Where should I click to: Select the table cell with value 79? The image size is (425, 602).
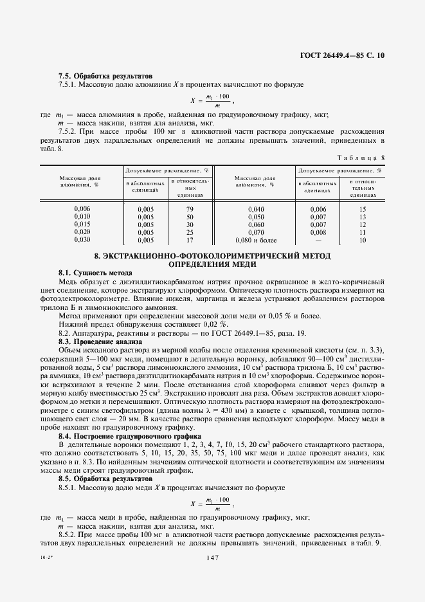190,210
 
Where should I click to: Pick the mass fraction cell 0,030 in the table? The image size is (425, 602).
82,239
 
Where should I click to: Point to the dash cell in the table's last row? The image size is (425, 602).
318,239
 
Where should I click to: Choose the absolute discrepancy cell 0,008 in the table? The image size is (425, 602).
318,232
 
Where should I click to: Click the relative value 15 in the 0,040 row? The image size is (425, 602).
363,210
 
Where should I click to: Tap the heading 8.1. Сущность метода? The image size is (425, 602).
96,273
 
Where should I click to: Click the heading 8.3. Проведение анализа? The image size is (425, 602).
100,342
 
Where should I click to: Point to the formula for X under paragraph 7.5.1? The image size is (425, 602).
212,100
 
